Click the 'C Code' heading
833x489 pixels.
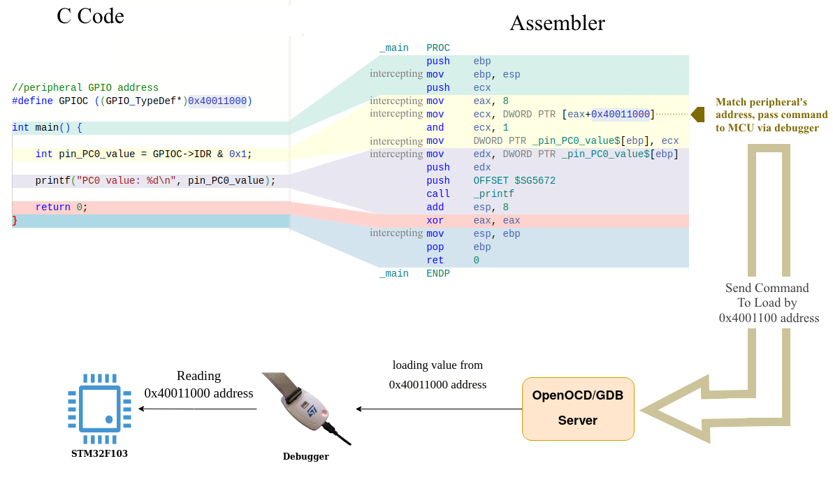tap(90, 16)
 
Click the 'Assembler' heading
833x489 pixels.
tap(557, 23)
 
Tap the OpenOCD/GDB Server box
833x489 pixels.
tap(578, 408)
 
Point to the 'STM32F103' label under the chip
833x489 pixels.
tap(99, 453)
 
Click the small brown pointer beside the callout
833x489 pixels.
tap(697, 115)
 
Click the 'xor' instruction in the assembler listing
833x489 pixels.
tap(435, 221)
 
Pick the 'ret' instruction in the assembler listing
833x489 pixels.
tap(435, 261)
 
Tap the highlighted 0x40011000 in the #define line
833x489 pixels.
tap(217, 101)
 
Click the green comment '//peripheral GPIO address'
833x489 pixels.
tap(85, 88)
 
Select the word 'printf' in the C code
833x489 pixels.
tap(53, 181)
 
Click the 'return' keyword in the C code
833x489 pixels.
tap(53, 207)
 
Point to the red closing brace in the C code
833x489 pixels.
tap(15, 221)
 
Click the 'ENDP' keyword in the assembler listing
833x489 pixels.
tap(438, 274)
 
